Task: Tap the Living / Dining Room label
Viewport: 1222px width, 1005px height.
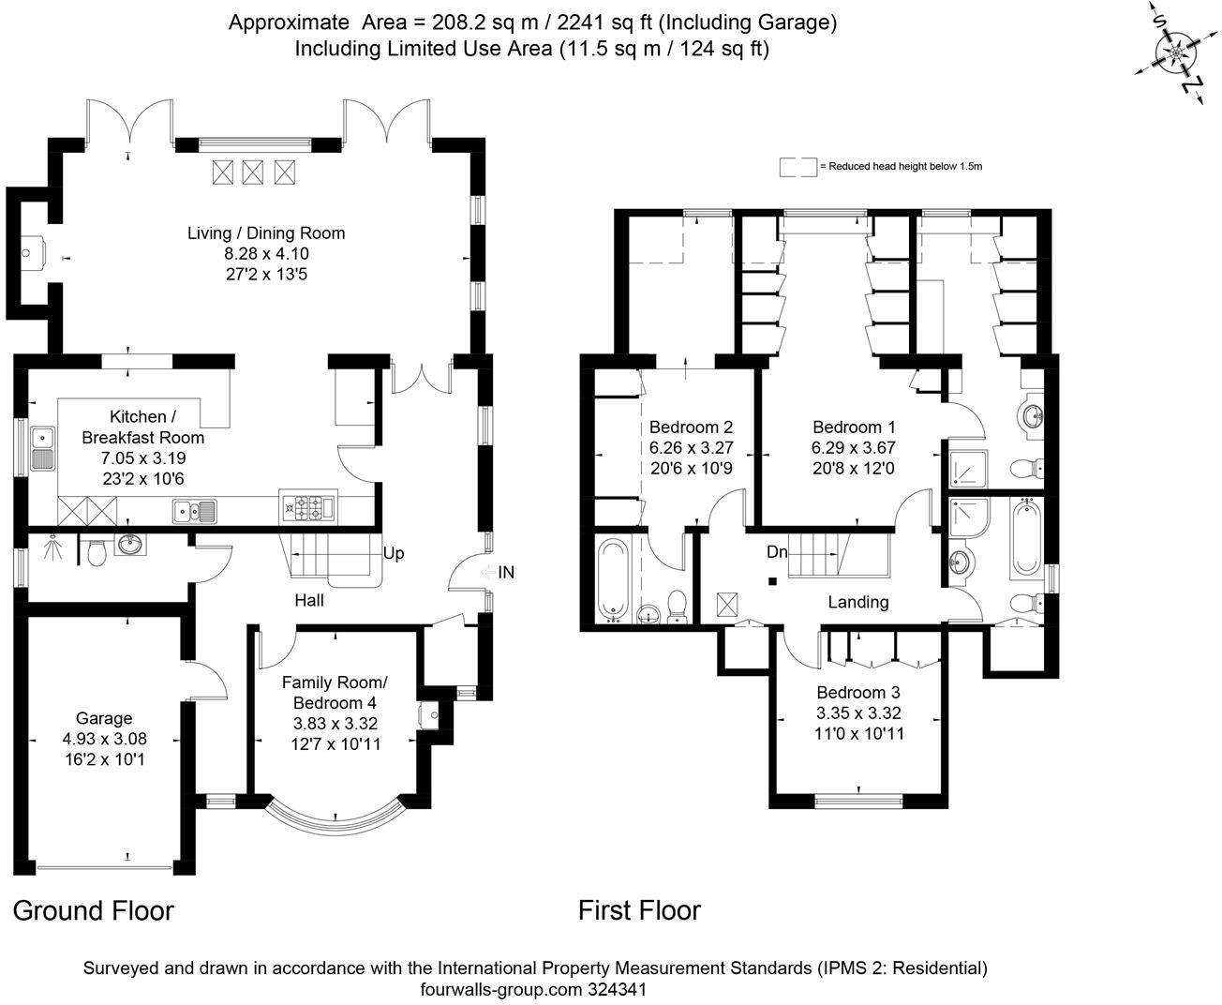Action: click(x=266, y=233)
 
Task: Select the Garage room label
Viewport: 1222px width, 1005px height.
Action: click(x=104, y=718)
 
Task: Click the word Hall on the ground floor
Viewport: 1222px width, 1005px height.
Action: click(x=309, y=600)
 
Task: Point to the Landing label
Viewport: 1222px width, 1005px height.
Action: click(x=857, y=602)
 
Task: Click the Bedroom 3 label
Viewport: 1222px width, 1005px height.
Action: click(x=859, y=693)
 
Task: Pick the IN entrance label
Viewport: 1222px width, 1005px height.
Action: click(x=506, y=572)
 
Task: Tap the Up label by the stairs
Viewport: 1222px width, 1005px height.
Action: click(x=394, y=553)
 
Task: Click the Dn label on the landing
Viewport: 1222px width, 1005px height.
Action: click(x=777, y=552)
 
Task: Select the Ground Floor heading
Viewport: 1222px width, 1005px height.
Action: click(x=94, y=910)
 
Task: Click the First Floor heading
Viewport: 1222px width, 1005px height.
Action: click(x=639, y=910)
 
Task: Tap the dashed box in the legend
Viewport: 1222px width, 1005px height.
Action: click(x=797, y=167)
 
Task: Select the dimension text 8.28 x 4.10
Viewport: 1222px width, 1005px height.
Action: click(x=266, y=254)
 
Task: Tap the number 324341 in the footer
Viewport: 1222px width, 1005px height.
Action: click(x=617, y=989)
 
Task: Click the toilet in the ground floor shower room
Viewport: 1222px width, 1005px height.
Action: click(x=94, y=555)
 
